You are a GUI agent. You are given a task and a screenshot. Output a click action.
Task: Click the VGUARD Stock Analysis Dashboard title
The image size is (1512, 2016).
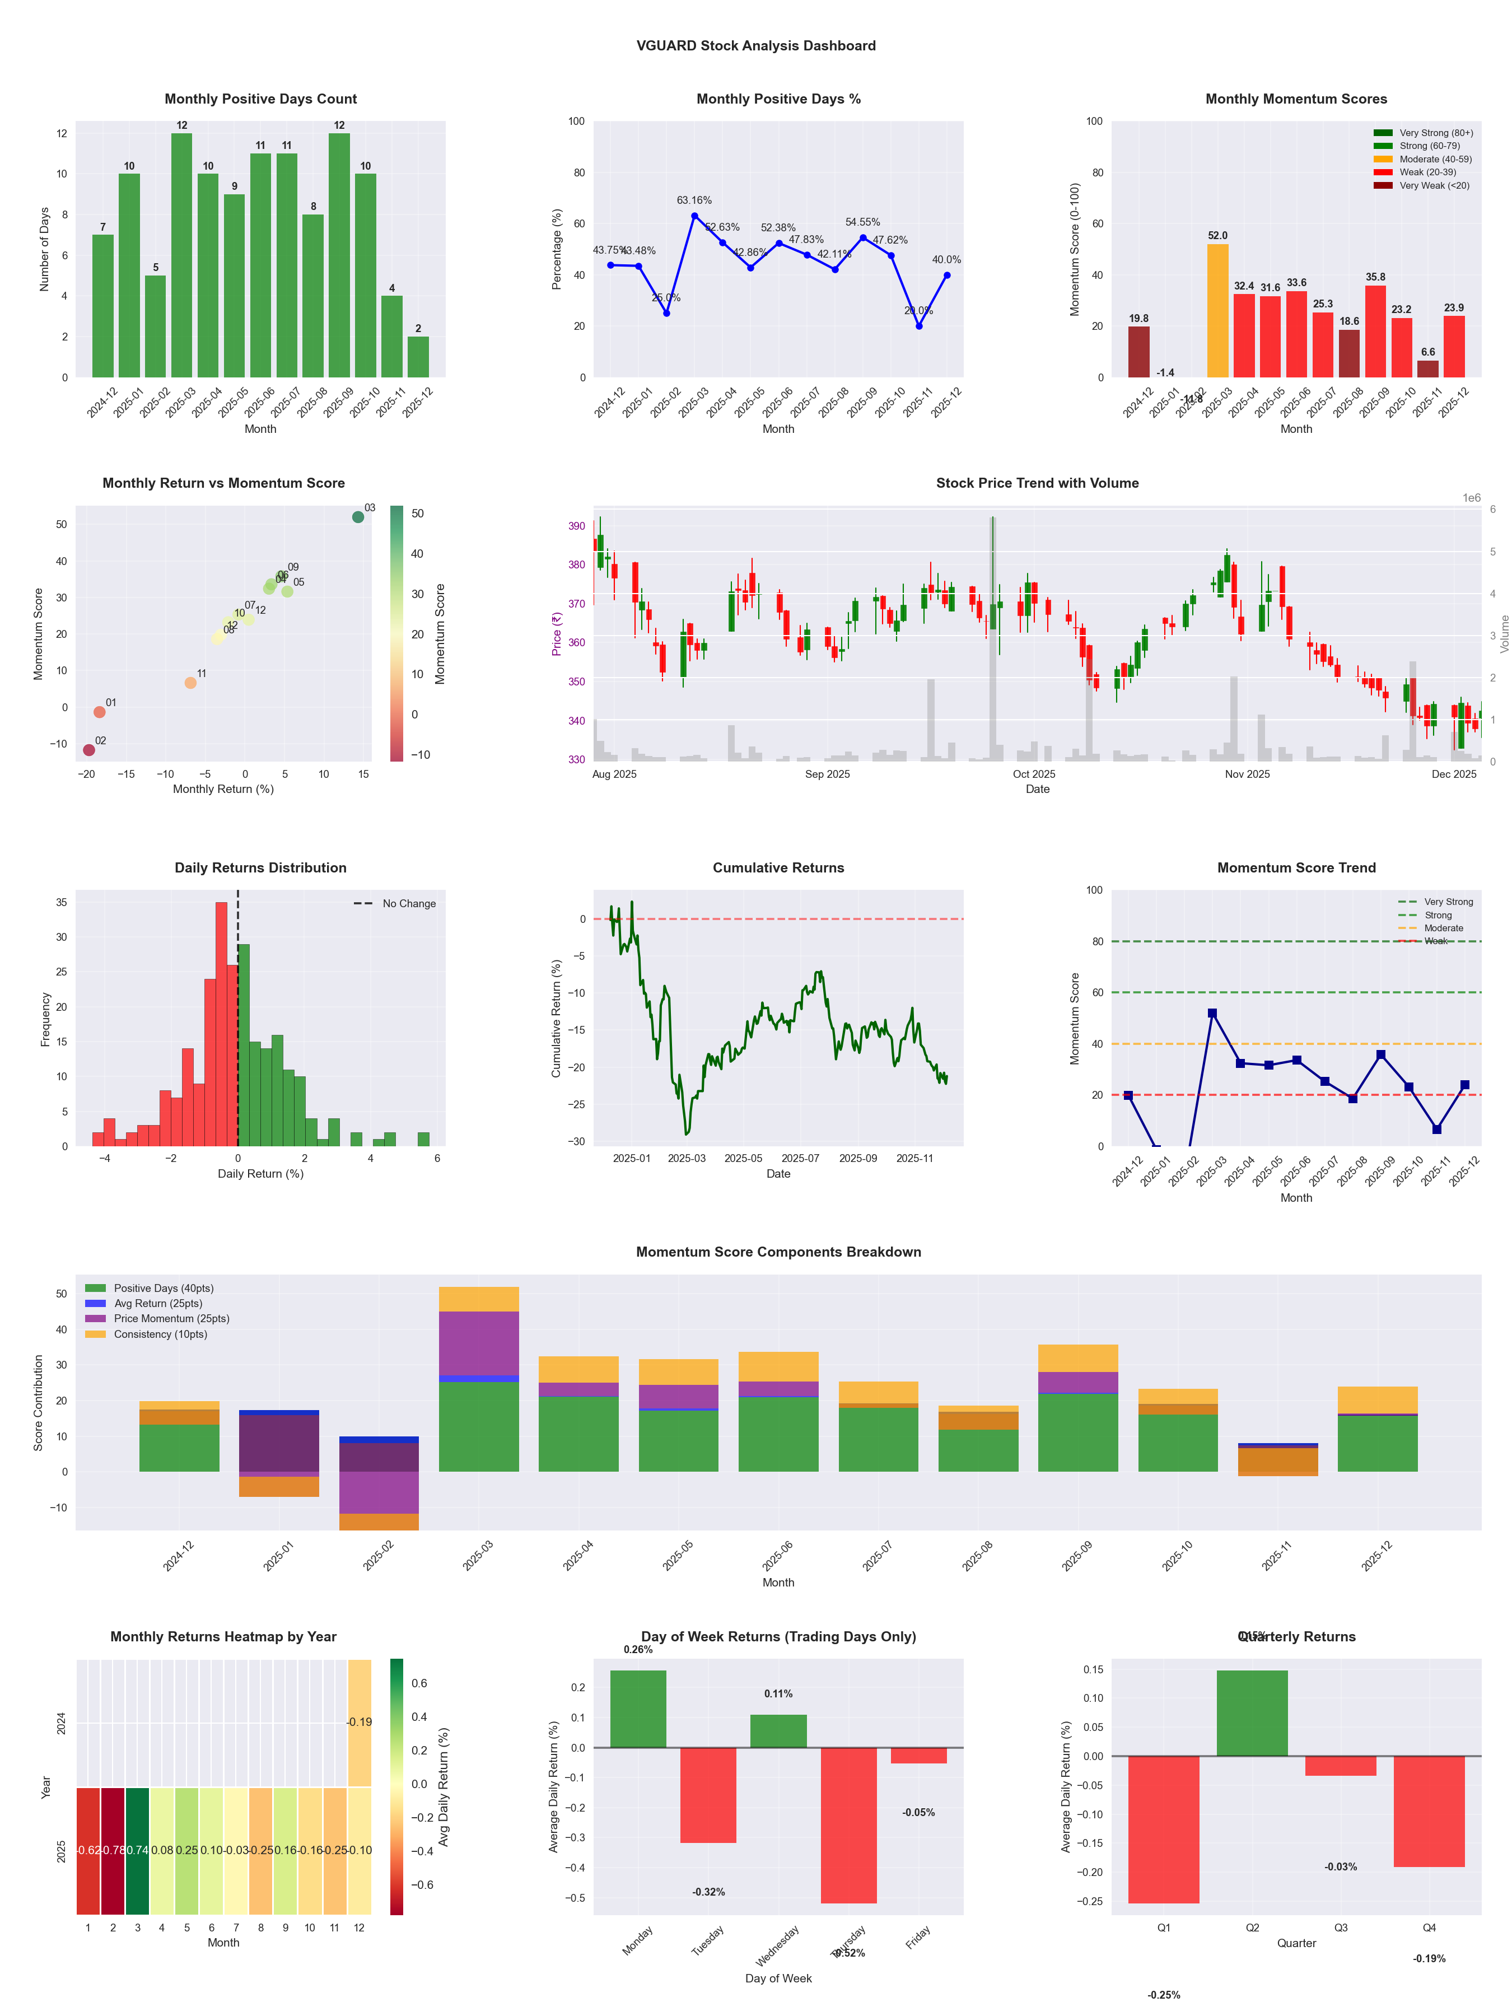point(755,45)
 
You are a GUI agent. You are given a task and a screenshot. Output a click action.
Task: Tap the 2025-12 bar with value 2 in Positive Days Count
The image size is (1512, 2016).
point(418,357)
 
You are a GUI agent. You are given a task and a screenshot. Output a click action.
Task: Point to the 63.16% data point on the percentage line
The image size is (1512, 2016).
point(694,216)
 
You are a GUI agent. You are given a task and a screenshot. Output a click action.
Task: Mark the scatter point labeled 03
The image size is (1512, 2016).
point(358,517)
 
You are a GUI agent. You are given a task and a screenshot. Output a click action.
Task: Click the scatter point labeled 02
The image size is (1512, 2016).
point(88,750)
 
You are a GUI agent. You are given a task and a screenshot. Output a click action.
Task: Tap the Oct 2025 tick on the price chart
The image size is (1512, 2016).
point(1034,774)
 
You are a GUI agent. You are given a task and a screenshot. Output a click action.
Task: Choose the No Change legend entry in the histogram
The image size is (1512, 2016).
point(395,903)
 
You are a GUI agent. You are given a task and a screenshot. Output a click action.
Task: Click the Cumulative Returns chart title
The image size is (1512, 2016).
point(778,867)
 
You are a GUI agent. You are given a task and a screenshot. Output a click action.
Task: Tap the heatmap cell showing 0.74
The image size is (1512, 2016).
point(138,1850)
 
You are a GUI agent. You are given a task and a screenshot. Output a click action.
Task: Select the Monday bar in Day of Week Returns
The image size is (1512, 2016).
point(638,1709)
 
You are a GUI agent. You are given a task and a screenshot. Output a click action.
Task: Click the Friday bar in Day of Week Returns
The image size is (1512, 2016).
point(919,1756)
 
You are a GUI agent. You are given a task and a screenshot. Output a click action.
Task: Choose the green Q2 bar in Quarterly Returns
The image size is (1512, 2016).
point(1252,1714)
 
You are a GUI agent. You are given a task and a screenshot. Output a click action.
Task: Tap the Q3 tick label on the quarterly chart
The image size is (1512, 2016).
point(1341,1928)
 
